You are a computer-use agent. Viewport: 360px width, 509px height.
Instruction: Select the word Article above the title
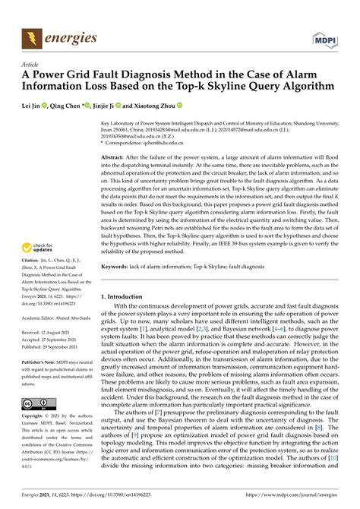point(31,65)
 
